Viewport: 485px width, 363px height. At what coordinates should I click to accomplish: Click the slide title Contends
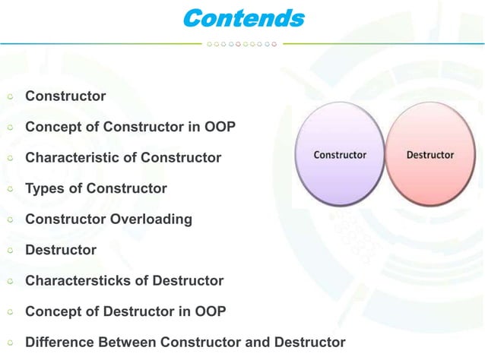[242, 17]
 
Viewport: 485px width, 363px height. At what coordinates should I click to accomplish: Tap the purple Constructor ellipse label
[340, 155]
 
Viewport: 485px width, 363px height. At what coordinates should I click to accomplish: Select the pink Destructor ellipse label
[430, 155]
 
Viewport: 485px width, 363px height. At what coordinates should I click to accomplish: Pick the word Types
[43, 188]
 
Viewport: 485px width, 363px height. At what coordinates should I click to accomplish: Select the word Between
[123, 342]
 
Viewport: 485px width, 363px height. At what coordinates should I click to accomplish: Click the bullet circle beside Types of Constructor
[10, 189]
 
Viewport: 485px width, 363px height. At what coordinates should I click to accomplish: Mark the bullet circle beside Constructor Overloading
[10, 220]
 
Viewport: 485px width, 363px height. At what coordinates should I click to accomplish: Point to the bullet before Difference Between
[10, 343]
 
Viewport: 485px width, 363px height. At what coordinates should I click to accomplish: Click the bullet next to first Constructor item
[10, 97]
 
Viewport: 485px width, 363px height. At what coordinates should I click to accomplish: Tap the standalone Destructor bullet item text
[61, 250]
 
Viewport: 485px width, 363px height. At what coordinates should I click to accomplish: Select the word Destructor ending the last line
[309, 342]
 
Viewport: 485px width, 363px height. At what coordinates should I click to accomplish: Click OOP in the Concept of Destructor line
[210, 311]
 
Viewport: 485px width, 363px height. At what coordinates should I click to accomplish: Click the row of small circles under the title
[242, 43]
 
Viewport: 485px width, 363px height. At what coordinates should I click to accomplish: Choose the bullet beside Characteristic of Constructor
[10, 159]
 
